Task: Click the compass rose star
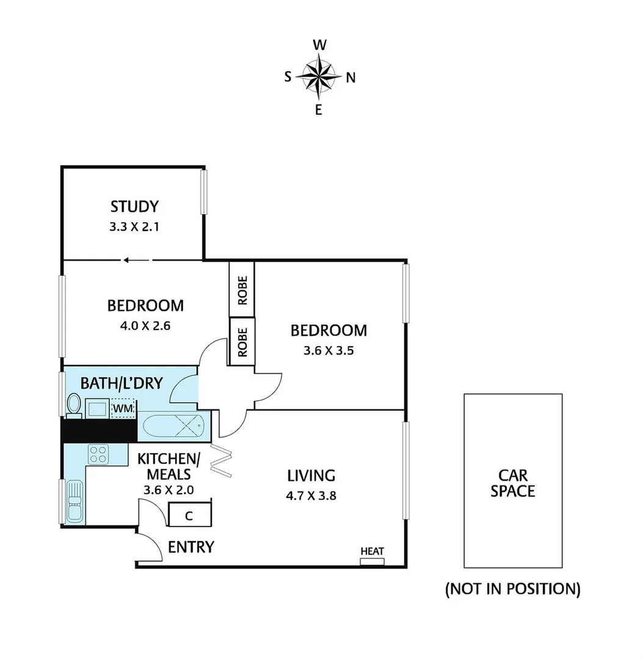click(x=319, y=77)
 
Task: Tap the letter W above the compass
click(x=319, y=45)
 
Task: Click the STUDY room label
click(x=134, y=206)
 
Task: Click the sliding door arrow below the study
click(x=135, y=260)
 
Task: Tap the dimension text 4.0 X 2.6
click(x=145, y=325)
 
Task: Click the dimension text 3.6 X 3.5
click(x=329, y=351)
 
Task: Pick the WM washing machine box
click(x=123, y=407)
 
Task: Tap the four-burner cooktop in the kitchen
click(x=98, y=453)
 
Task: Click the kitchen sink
click(x=74, y=501)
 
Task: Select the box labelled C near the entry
click(x=189, y=515)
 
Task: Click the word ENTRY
click(x=191, y=547)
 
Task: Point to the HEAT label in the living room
click(x=372, y=552)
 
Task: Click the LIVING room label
click(x=311, y=475)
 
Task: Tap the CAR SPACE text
click(x=513, y=483)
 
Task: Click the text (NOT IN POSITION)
click(x=512, y=589)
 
